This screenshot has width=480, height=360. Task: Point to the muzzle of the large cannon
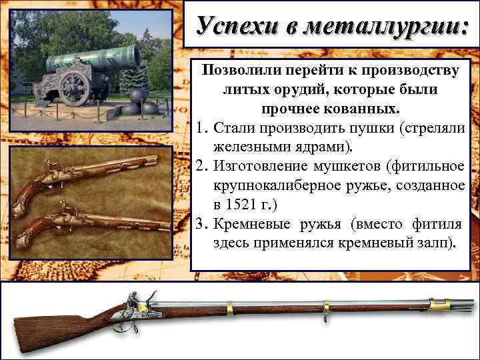133,55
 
